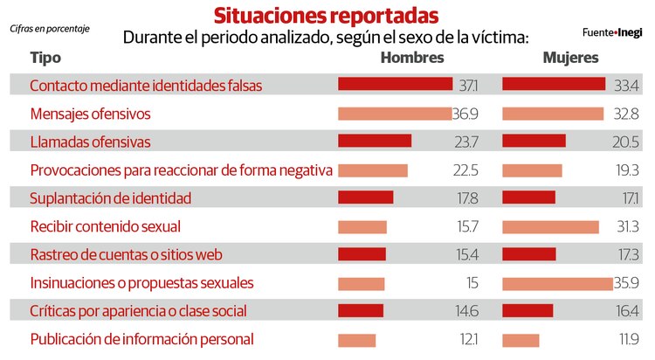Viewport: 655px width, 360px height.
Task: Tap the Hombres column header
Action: pos(412,58)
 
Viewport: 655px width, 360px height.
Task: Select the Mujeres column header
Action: pos(570,58)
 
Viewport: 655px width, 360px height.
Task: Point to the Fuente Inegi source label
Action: pos(611,32)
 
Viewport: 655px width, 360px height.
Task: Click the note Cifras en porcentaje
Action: pos(50,29)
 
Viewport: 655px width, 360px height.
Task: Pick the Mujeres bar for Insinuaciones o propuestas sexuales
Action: pos(557,283)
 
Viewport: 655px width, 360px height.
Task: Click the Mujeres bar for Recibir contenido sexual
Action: pos(550,227)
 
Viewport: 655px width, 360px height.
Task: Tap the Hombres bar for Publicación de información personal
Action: pos(356,340)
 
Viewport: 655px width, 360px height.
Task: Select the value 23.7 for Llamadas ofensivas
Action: pos(466,142)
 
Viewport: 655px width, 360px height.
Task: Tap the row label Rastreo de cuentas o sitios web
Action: pos(127,255)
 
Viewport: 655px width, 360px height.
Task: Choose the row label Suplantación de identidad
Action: pos(110,198)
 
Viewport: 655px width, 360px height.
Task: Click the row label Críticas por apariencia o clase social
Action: pos(138,311)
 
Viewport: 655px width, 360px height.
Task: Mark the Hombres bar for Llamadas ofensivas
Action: pos(374,142)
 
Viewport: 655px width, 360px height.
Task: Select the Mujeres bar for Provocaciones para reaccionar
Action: pos(532,170)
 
